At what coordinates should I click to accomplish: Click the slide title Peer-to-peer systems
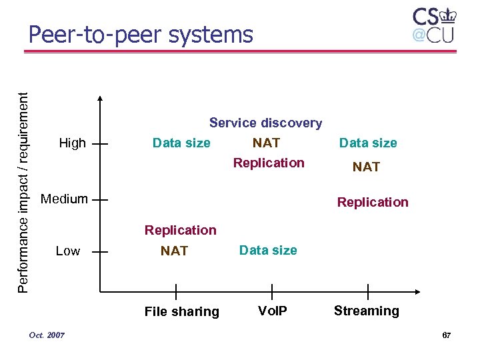(141, 34)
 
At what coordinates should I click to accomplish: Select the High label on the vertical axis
(72, 143)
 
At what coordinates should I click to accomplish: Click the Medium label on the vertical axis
(64, 199)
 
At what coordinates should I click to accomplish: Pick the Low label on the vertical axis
(68, 251)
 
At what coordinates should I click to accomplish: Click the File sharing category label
(181, 311)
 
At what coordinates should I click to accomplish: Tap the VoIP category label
(272, 311)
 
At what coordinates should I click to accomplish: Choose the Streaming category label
(366, 311)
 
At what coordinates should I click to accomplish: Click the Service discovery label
(265, 123)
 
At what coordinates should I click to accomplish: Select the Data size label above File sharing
(181, 143)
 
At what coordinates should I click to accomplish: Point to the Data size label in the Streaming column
(368, 143)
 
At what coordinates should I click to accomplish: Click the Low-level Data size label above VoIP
(268, 250)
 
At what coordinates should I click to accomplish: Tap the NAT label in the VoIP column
(266, 143)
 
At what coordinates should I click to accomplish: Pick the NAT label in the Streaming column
(366, 167)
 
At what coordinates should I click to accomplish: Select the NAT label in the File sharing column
(174, 251)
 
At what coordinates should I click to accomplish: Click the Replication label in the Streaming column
(373, 202)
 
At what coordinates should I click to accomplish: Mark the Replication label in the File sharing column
(181, 230)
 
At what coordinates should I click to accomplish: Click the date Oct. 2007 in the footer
(47, 335)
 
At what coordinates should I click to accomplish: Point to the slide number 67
(446, 335)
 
